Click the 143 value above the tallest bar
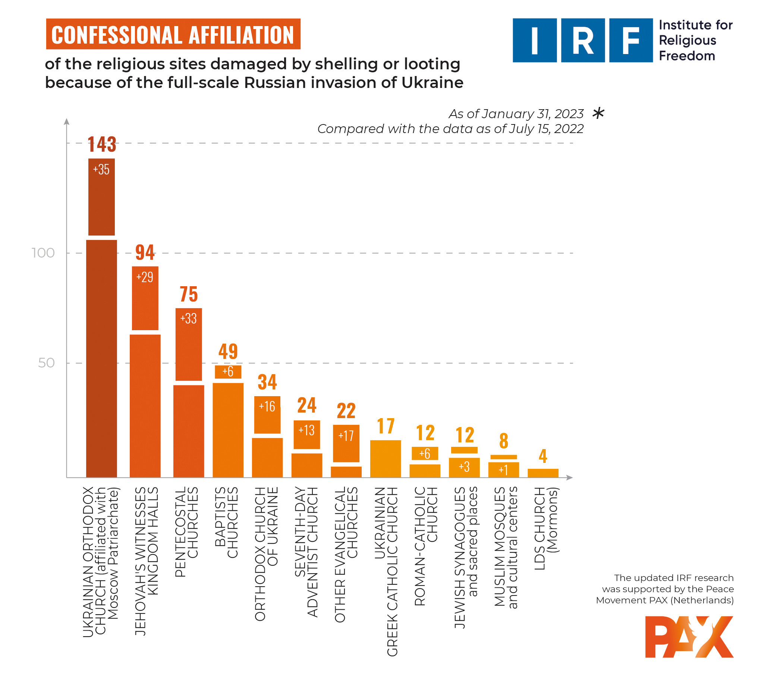point(101,144)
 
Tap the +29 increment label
point(145,277)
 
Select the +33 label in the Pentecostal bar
point(188,318)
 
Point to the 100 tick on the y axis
point(43,253)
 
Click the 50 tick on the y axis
point(46,363)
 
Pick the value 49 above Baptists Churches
point(228,351)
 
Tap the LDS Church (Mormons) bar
point(543,473)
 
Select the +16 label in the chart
point(267,406)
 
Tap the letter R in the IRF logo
point(582,41)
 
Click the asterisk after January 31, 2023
point(598,113)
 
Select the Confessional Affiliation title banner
point(173,34)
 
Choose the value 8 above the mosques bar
point(503,441)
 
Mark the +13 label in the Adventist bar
point(306,430)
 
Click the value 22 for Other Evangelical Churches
point(346,411)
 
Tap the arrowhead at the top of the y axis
point(67,121)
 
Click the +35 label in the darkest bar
point(101,169)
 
